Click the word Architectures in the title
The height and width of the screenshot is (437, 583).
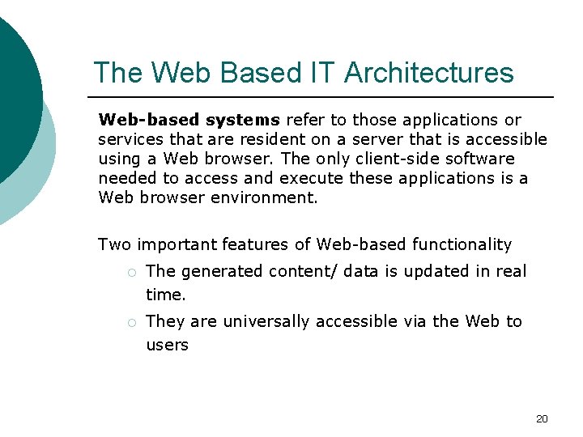(x=429, y=73)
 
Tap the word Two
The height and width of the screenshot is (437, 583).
(x=114, y=244)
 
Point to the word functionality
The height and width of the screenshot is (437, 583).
(x=462, y=244)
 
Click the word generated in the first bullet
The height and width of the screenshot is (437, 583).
(x=218, y=271)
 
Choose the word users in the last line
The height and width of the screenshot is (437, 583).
(x=167, y=345)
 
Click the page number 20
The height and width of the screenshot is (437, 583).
(x=542, y=418)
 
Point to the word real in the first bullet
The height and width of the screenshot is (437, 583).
(x=509, y=271)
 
